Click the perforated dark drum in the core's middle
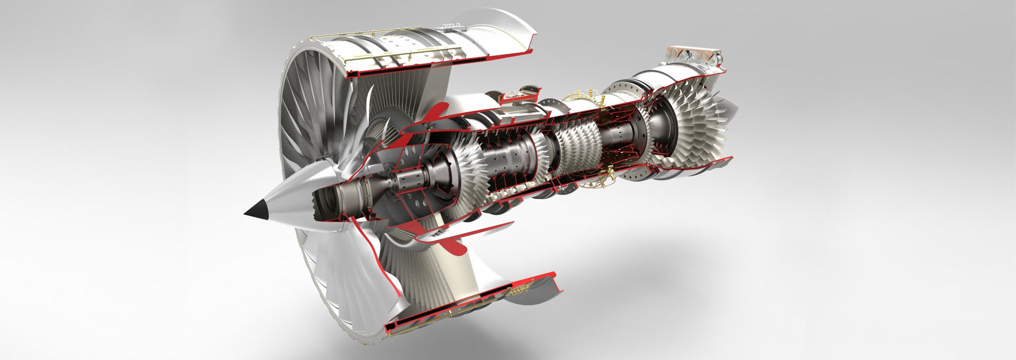511,159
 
